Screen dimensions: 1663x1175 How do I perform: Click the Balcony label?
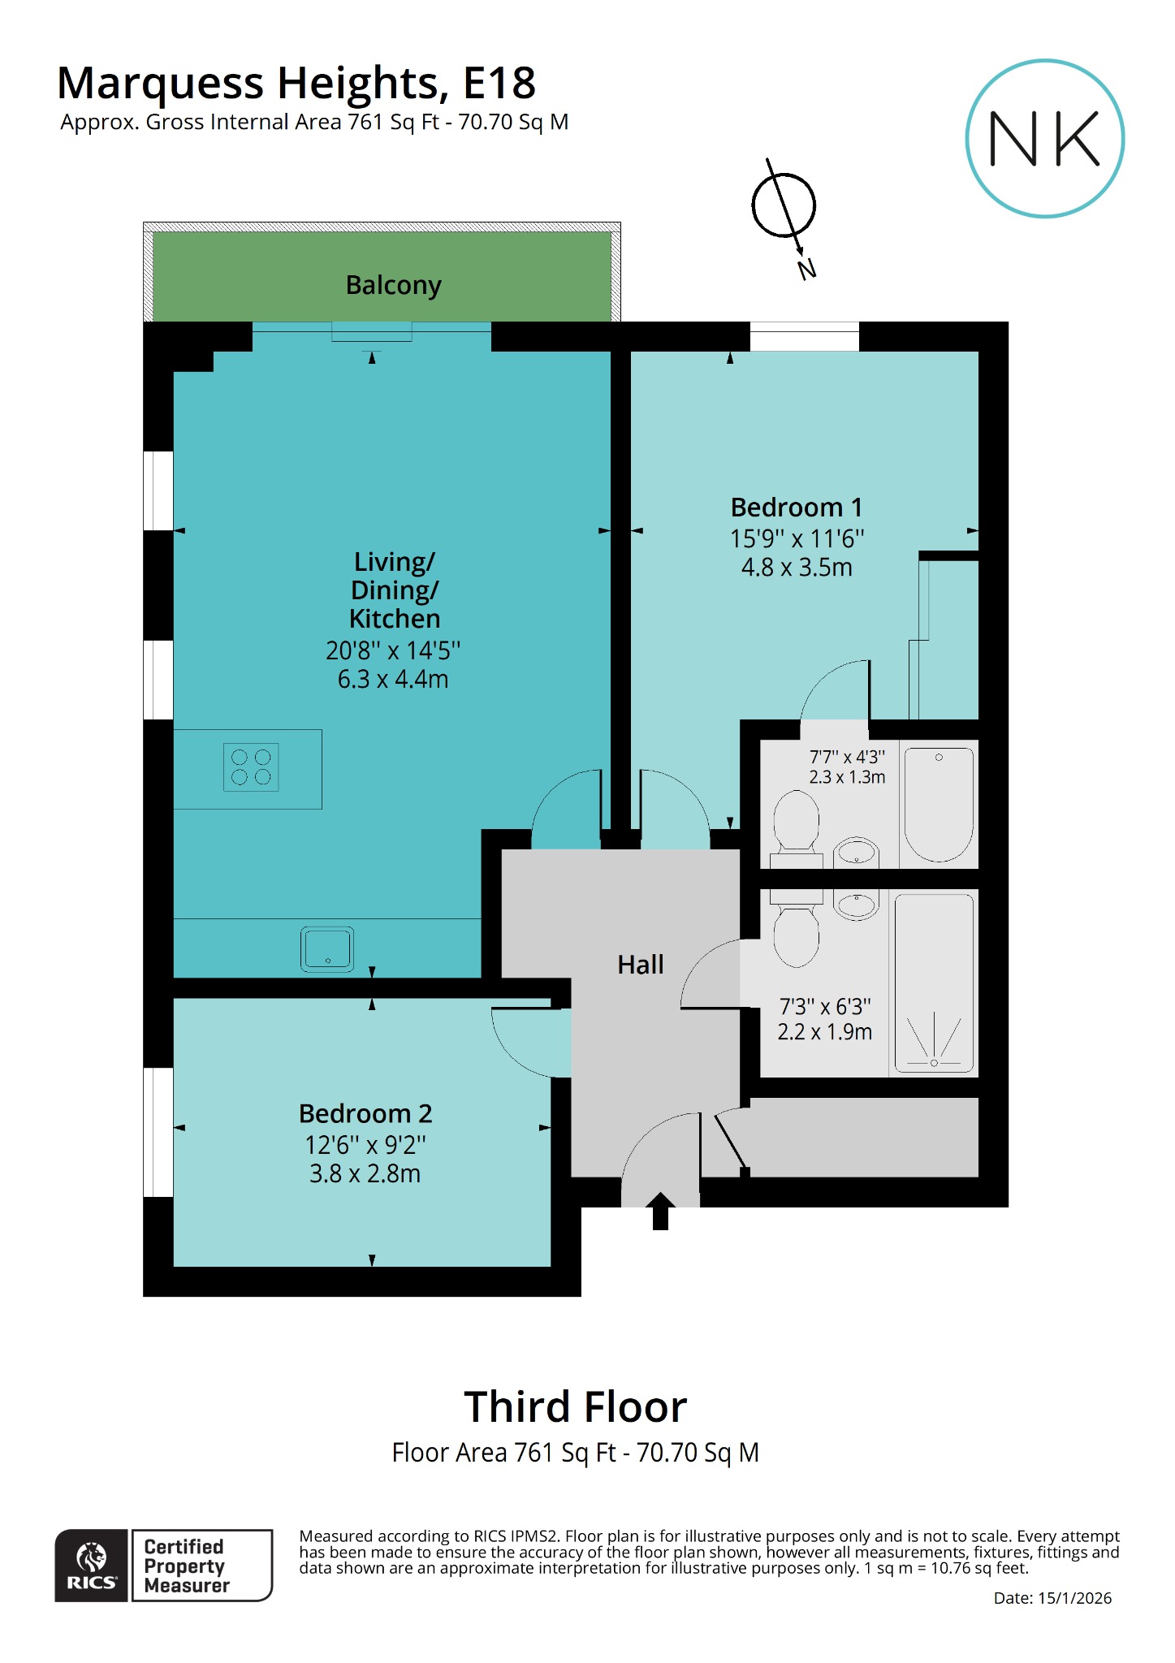(x=393, y=285)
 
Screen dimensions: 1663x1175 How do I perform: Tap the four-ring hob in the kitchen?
(x=251, y=767)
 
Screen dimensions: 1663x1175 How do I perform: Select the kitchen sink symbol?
(x=327, y=948)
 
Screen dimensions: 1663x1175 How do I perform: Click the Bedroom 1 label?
(x=796, y=508)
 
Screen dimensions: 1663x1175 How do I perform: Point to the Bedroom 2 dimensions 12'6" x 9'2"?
(x=365, y=1145)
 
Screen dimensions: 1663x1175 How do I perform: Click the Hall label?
(x=640, y=965)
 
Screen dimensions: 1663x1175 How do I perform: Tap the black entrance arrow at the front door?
(x=660, y=1210)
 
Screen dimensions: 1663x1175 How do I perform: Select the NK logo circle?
(x=1044, y=139)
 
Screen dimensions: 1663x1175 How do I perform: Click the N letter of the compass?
(x=806, y=269)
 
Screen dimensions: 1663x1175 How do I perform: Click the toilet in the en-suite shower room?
(x=796, y=824)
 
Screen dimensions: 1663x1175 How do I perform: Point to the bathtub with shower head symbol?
(x=934, y=983)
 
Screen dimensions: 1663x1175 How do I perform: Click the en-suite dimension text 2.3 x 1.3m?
(x=847, y=777)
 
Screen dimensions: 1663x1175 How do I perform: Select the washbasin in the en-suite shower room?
(x=857, y=853)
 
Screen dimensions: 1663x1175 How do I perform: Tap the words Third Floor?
(x=575, y=1406)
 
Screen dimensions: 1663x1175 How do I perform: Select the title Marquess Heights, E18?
(x=296, y=83)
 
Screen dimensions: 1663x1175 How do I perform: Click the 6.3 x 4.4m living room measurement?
(x=393, y=679)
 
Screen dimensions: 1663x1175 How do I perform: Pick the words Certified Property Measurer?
(x=187, y=1566)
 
